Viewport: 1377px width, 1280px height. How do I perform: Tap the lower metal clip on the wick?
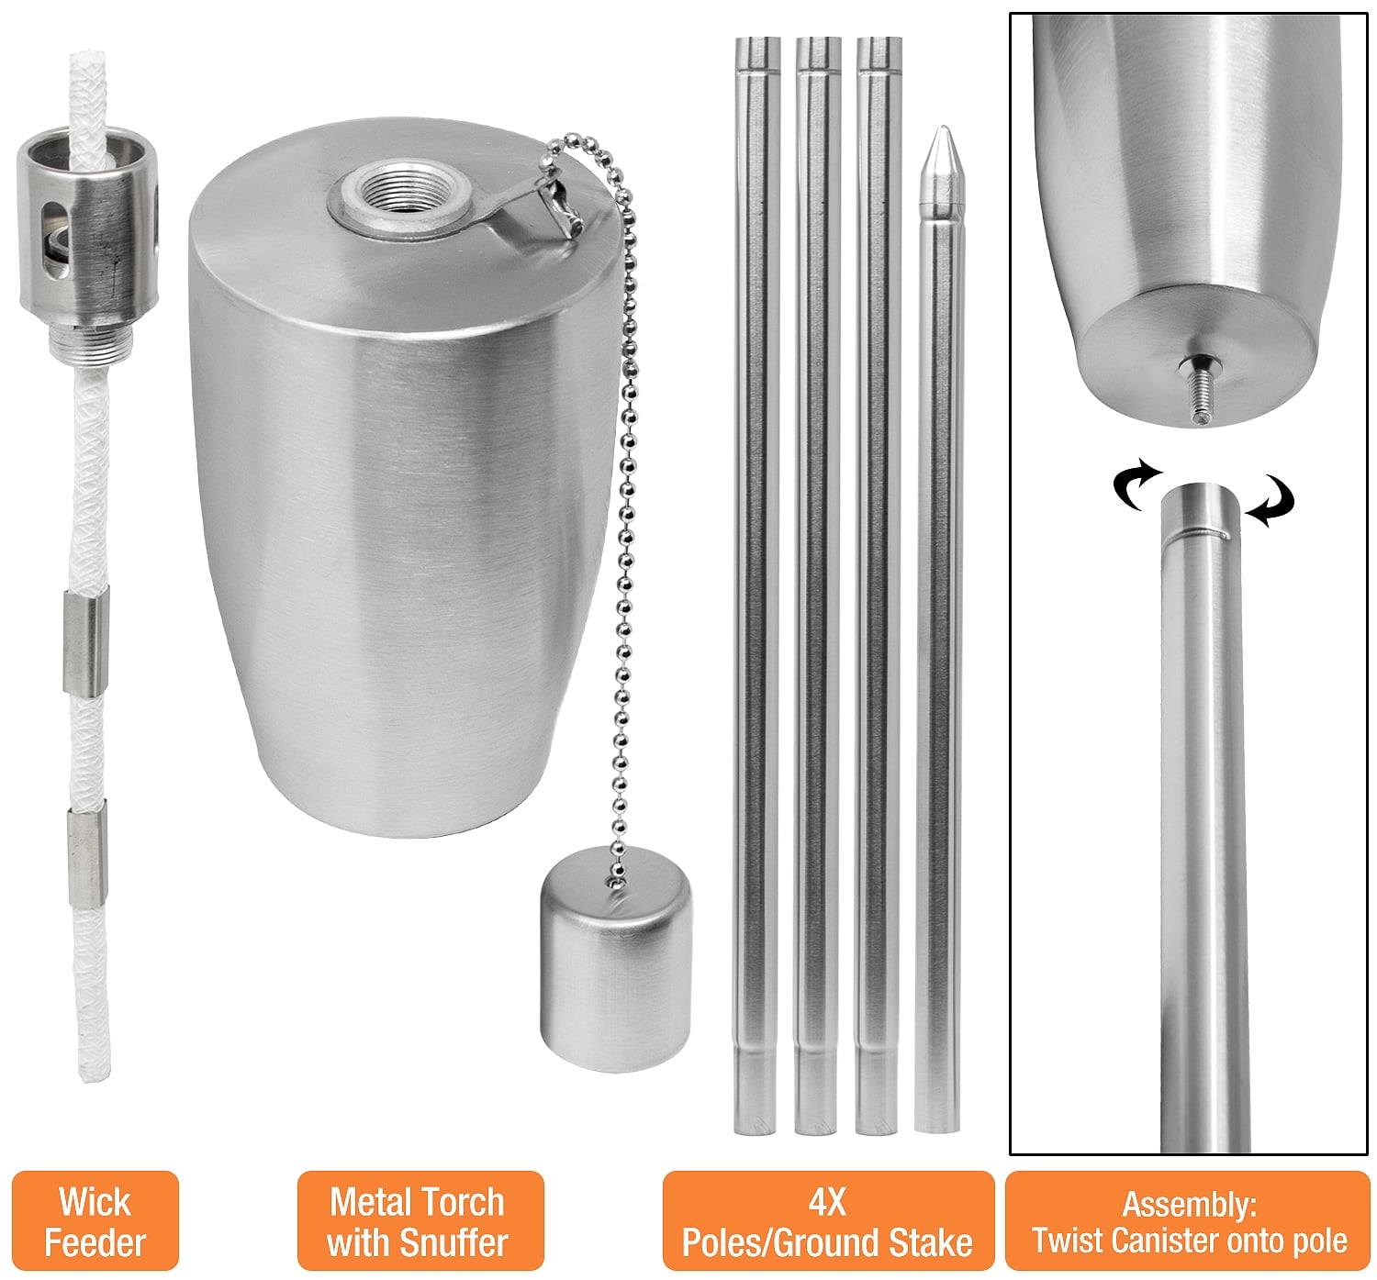tap(88, 854)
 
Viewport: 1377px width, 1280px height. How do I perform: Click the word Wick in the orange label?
tap(95, 1202)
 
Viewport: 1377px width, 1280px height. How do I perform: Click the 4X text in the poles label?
tap(827, 1202)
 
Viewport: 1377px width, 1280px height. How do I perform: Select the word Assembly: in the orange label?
tap(1189, 1205)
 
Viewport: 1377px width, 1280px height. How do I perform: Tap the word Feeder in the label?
tap(95, 1243)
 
